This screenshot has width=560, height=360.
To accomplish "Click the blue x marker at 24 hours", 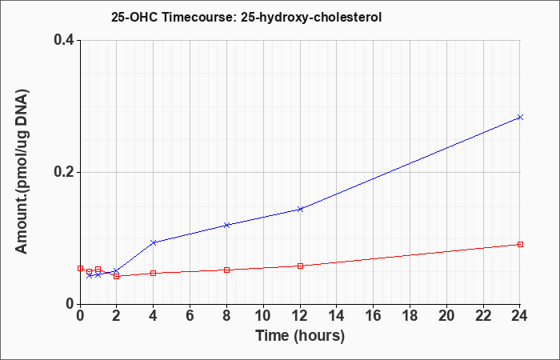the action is [x=520, y=117].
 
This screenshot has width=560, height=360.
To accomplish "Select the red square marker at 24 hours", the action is [x=520, y=244].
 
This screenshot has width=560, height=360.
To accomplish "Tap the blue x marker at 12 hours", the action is [x=300, y=209].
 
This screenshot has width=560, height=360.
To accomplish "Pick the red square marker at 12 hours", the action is [x=300, y=266].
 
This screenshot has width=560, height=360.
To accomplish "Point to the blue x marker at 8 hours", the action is [x=226, y=225].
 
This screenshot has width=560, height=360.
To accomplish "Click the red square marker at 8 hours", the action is [x=226, y=270].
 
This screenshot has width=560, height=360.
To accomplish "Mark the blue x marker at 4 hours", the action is [x=154, y=242].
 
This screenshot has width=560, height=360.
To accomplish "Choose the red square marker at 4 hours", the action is [x=154, y=274].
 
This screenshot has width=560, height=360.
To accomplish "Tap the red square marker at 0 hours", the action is [x=80, y=268].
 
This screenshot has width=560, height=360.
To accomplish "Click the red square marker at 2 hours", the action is [x=117, y=276].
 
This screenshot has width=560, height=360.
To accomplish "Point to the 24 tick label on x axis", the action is [x=520, y=316].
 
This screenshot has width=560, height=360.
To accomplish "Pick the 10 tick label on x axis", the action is [x=263, y=316].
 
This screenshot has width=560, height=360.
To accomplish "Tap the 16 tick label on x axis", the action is [x=374, y=316].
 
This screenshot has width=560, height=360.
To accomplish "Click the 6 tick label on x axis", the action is [x=190, y=316].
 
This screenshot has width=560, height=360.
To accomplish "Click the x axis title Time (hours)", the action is [x=300, y=336].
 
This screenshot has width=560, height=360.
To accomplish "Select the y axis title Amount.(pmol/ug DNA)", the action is [x=22, y=171].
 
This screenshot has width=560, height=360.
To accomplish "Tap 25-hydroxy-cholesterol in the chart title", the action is [x=311, y=18].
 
